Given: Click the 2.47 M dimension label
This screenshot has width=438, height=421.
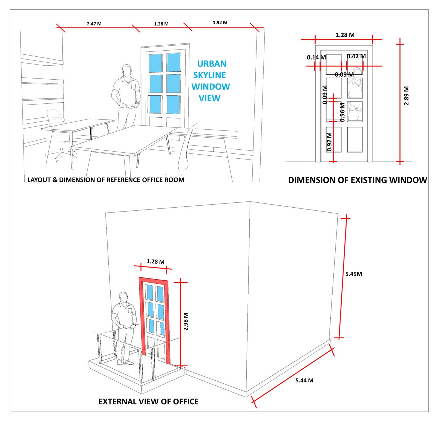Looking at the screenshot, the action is pos(94,24).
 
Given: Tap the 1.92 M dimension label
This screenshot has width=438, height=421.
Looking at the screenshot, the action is pos(220,22).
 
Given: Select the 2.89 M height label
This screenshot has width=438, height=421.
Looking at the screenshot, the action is pos(407,95).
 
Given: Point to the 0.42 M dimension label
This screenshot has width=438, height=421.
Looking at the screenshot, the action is pos(356,56).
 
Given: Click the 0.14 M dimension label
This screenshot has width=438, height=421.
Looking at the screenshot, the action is pos(316,57).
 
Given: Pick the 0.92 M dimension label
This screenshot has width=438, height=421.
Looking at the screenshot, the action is pos(329,142).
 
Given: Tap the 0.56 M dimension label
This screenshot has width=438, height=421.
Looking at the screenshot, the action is pos(342,112).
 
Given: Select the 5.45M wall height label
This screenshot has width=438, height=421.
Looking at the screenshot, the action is pos(353,274).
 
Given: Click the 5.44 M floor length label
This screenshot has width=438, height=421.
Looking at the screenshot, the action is pos(304,380).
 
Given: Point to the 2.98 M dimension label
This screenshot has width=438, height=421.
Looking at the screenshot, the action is pos(186,321).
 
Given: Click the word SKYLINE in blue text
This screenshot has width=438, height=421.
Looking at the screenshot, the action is pos(210,75).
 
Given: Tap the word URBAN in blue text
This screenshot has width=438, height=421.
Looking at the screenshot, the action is pos(212,63).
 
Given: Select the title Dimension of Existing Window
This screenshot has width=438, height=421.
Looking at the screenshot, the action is pos(358,180).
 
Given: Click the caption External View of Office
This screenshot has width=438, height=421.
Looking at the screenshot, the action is pos(148,401).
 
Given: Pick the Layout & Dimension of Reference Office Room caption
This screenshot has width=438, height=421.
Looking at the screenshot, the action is pos(106,180).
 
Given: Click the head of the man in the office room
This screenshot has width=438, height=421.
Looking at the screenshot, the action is pos(127,71).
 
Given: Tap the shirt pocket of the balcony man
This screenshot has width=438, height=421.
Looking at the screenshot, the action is pos(130,311).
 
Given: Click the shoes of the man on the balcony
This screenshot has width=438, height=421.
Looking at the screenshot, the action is pos(125,363).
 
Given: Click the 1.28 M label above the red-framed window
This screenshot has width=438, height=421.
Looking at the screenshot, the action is pos(155,262).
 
